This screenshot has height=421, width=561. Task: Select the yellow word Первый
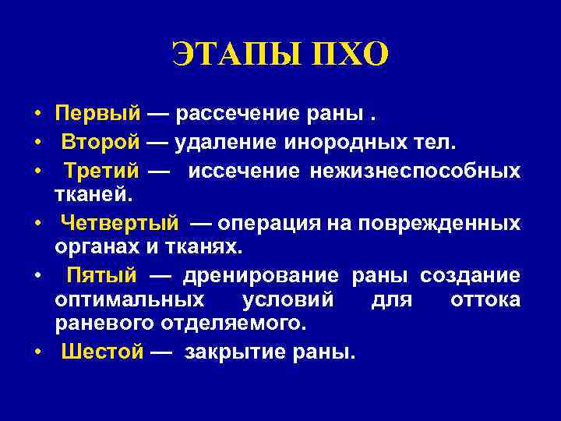pos(97,115)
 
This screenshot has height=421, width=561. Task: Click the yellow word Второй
pos(101,142)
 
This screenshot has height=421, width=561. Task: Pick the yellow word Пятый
pos(101,276)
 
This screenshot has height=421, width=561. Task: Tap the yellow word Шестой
pos(102,352)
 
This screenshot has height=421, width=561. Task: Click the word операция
pos(268,223)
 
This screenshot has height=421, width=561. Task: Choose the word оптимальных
pos(128,299)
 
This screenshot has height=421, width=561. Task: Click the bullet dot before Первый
pos(37,115)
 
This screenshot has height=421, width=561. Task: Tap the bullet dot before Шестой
pos(37,352)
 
